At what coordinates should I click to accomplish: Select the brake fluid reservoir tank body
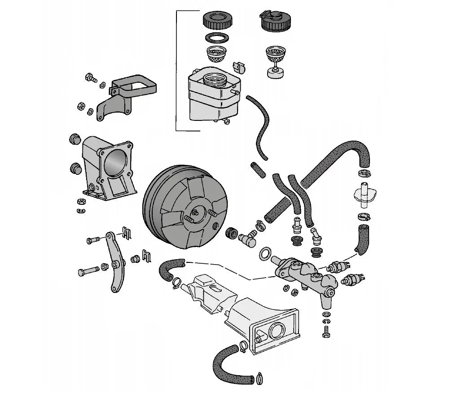(211, 99)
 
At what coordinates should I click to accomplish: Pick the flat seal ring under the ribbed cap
(217, 37)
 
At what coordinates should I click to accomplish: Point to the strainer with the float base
(275, 61)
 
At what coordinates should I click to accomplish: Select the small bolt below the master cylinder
(326, 332)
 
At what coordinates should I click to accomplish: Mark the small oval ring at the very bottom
(260, 380)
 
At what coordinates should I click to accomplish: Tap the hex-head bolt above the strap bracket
(90, 78)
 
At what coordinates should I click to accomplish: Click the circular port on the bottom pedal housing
(276, 331)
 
